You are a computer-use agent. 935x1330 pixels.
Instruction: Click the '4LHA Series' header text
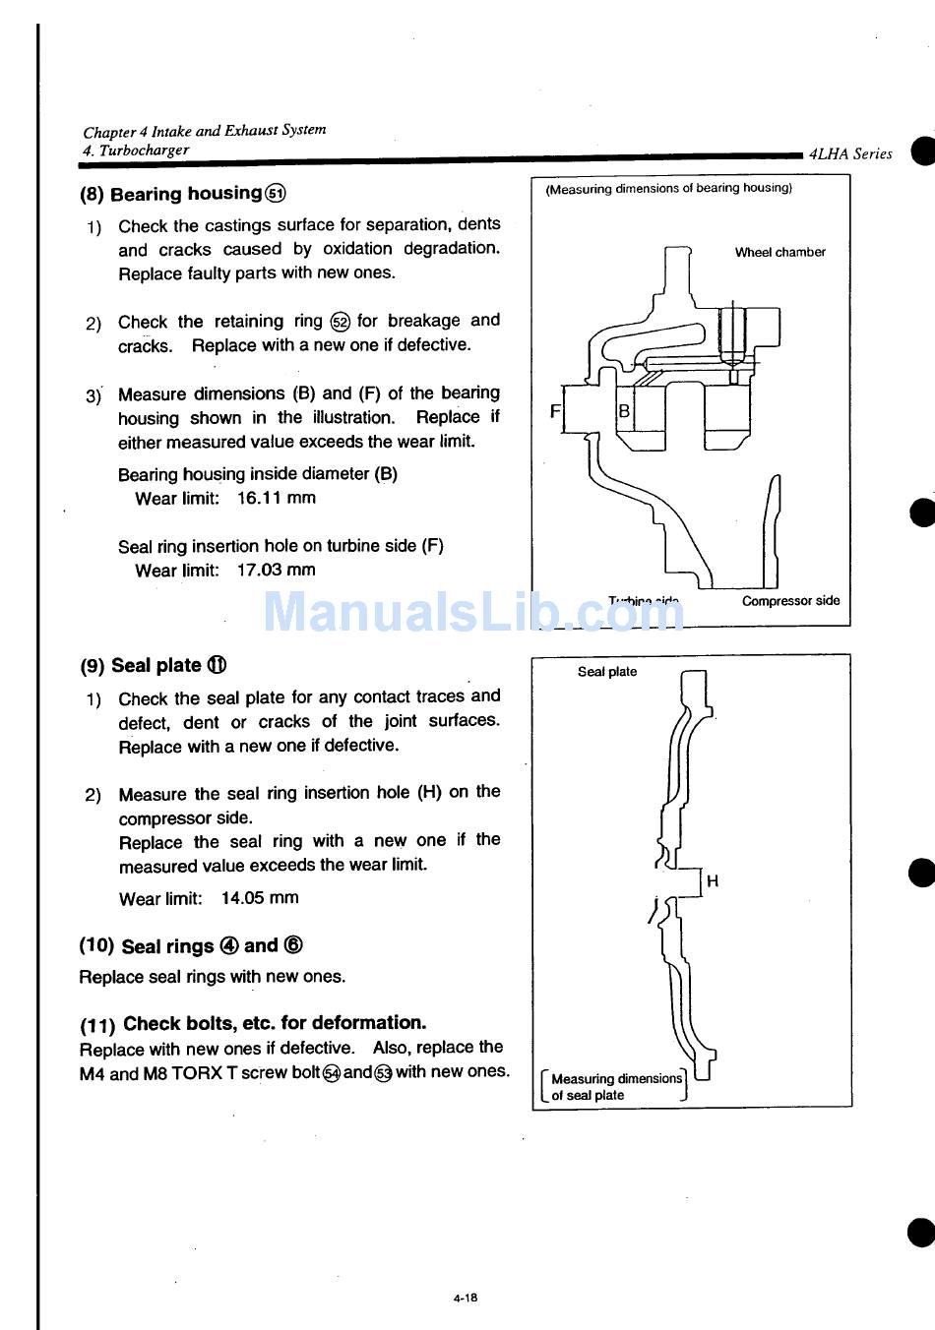pos(850,153)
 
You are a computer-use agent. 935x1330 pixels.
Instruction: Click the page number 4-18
pos(466,1298)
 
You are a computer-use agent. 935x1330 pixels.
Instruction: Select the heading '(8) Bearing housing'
pos(183,194)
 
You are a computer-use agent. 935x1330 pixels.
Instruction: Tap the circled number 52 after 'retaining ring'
pos(340,322)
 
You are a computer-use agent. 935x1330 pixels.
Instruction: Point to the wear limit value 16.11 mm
pos(277,498)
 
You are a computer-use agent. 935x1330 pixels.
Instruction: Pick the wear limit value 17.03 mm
pos(277,570)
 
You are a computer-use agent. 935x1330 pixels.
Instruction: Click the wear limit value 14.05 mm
pos(260,898)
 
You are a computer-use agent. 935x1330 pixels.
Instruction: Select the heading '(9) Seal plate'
pos(154,665)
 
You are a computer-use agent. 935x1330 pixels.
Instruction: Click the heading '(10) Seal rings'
pos(191,945)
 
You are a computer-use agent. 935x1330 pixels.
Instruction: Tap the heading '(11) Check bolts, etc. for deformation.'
pos(253,1023)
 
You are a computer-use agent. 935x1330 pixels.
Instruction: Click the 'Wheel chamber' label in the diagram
pos(779,253)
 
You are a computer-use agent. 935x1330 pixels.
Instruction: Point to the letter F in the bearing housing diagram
pos(555,411)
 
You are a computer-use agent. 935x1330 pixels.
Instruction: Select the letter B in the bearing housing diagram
pos(624,411)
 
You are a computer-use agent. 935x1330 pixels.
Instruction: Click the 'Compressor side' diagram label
pos(790,601)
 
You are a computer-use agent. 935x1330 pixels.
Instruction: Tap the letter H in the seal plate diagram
pos(713,881)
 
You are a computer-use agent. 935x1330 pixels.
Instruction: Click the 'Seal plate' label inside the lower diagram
pos(607,672)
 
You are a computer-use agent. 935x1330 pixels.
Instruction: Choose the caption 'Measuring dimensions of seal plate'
pos(615,1086)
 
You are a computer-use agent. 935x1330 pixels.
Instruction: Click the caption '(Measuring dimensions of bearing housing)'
pos(668,188)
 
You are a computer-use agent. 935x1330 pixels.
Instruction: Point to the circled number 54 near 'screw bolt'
pos(332,1073)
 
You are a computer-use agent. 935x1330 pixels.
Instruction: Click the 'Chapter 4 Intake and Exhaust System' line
pos(205,131)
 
